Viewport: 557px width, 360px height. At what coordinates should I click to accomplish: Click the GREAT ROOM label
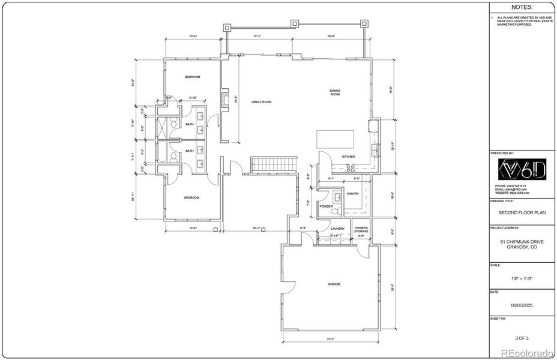[x=261, y=102]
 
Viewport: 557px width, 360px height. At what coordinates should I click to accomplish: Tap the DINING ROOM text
[x=335, y=92]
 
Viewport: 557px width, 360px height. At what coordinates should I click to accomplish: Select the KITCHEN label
[x=348, y=157]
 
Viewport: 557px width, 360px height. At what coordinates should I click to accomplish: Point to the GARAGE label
[x=334, y=284]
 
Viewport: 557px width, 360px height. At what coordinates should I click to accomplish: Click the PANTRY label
[x=352, y=193]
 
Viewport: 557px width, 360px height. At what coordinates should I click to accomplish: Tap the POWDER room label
[x=326, y=206]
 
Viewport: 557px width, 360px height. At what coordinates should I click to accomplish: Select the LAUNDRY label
[x=337, y=228]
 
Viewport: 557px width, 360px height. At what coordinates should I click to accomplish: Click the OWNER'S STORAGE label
[x=361, y=229]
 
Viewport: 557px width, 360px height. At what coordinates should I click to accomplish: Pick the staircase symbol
[x=274, y=163]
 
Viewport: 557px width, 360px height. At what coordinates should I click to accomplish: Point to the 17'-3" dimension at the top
[x=257, y=37]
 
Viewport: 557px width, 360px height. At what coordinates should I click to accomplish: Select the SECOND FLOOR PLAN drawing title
[x=520, y=212]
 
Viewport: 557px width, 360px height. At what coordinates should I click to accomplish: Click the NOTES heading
[x=520, y=8]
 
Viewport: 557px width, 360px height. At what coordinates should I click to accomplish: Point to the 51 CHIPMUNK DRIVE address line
[x=520, y=241]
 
